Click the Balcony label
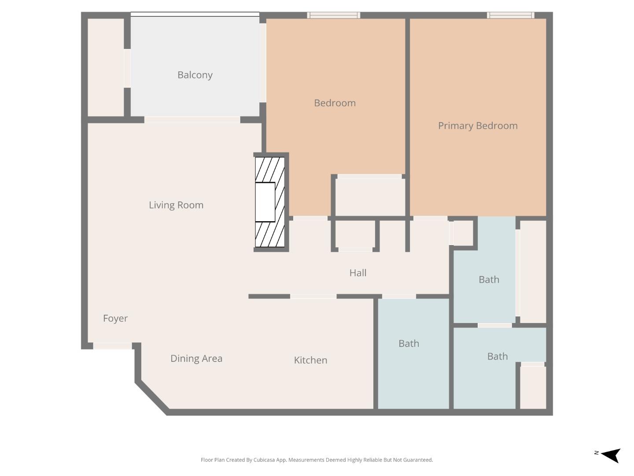pyautogui.click(x=195, y=75)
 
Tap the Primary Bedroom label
pyautogui.click(x=477, y=126)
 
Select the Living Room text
pyautogui.click(x=176, y=205)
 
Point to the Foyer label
pyautogui.click(x=115, y=318)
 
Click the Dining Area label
pyautogui.click(x=196, y=358)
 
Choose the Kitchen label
pyautogui.click(x=310, y=360)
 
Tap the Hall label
pyautogui.click(x=358, y=273)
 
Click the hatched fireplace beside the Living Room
pyautogui.click(x=270, y=202)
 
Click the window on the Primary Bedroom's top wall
pyautogui.click(x=510, y=15)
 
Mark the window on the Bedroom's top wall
pyautogui.click(x=333, y=15)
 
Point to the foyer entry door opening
pyautogui.click(x=112, y=346)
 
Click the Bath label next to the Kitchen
pyautogui.click(x=409, y=343)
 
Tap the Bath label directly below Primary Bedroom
pyautogui.click(x=489, y=279)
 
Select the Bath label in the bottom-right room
pyautogui.click(x=497, y=356)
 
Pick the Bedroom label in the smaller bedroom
pyautogui.click(x=335, y=103)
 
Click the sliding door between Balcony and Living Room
pyautogui.click(x=192, y=120)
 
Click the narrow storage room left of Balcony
pyautogui.click(x=106, y=67)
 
